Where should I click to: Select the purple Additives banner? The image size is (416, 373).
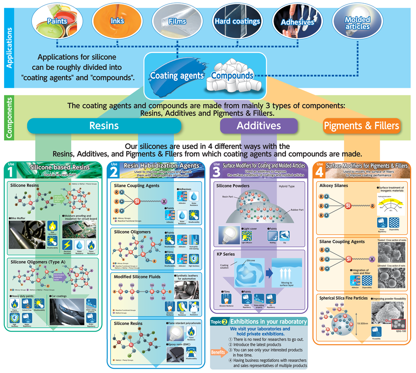click(259, 125)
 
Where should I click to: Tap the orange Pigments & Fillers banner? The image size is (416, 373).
click(361, 125)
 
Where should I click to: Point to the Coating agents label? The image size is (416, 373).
click(176, 76)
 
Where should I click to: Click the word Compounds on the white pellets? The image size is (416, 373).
click(232, 76)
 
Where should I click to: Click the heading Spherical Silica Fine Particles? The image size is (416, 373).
click(344, 298)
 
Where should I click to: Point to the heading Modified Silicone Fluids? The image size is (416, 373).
click(137, 276)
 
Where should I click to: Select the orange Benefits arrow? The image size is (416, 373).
click(219, 352)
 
